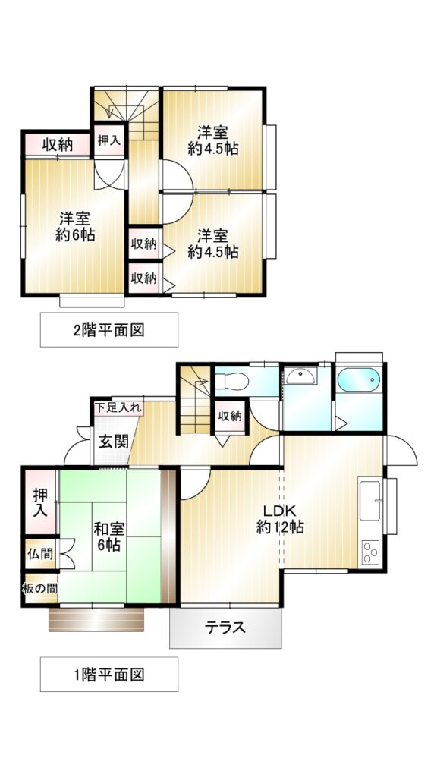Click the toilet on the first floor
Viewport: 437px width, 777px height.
[231, 382]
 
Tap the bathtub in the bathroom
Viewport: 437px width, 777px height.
[359, 380]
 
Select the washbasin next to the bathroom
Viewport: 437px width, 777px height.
[301, 376]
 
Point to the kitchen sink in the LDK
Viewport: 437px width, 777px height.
[369, 501]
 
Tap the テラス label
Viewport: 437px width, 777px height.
[225, 628]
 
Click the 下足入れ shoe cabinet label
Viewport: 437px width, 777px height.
[118, 408]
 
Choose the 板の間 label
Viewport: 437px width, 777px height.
[40, 588]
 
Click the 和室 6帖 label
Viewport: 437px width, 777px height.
[108, 537]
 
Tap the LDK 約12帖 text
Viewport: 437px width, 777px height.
[280, 519]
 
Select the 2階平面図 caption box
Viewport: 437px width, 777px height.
[109, 329]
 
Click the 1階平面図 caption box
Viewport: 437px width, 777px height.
[109, 674]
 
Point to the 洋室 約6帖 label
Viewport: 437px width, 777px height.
[75, 226]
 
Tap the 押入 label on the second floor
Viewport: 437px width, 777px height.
[109, 140]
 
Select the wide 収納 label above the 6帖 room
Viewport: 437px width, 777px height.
[58, 145]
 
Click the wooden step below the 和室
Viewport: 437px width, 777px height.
[96, 619]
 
